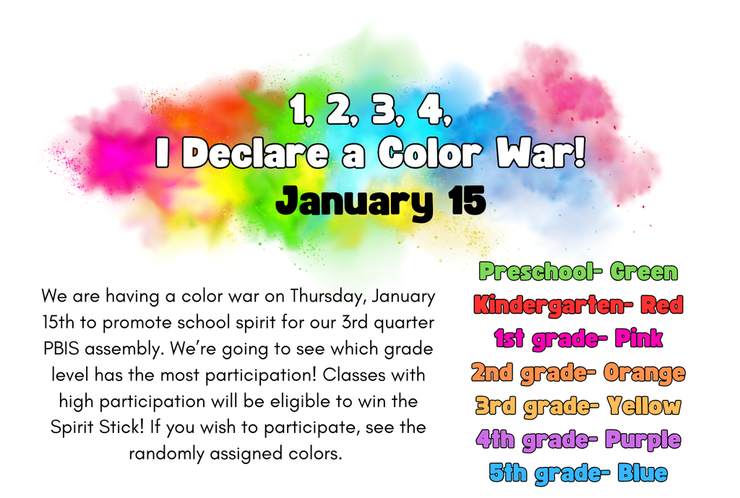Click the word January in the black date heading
point(353,201)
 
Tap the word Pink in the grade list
point(638,338)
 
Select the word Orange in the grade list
point(644,373)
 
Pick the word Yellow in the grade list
point(644,406)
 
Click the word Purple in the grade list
point(642,440)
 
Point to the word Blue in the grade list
point(642,473)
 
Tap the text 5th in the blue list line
point(507,473)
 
